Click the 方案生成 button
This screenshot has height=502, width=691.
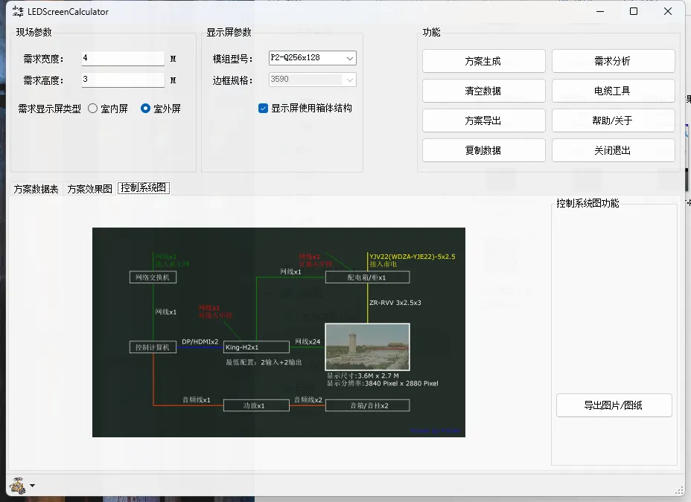click(x=483, y=61)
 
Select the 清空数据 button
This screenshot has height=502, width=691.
click(x=483, y=91)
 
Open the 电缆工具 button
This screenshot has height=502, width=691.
click(x=613, y=91)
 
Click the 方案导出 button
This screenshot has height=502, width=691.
click(x=483, y=120)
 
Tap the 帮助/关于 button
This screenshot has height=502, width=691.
click(x=613, y=120)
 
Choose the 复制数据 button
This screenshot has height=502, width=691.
click(x=483, y=150)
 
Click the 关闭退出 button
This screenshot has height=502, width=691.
click(x=613, y=150)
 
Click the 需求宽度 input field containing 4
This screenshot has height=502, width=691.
click(x=122, y=58)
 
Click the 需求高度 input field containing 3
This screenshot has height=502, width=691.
click(x=122, y=80)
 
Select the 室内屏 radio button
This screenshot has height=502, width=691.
click(x=93, y=109)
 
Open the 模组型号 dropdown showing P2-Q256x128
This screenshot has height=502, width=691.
click(x=312, y=58)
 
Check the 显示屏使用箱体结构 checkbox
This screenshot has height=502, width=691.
click(x=264, y=109)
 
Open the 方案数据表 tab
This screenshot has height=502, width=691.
click(x=36, y=189)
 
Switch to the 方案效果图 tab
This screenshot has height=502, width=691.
click(x=89, y=189)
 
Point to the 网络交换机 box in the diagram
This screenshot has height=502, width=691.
click(x=153, y=277)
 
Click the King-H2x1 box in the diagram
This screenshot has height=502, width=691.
click(x=256, y=347)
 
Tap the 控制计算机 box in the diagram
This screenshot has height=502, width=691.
click(x=153, y=347)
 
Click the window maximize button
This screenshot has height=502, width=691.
click(x=634, y=11)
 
